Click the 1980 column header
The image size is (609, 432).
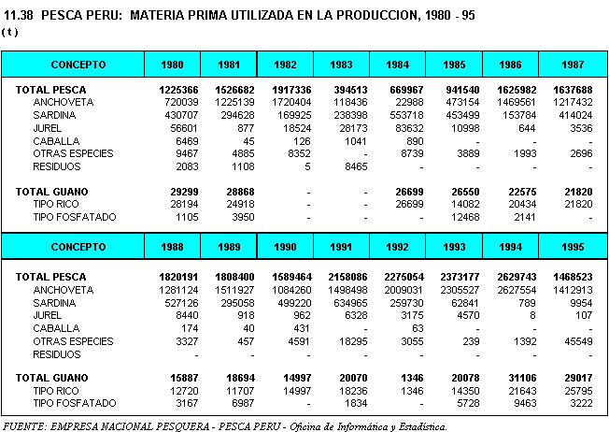coord(172,65)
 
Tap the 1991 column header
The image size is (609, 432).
coord(342,248)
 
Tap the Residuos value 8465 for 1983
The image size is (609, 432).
coord(349,166)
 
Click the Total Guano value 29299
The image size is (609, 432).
coord(176,191)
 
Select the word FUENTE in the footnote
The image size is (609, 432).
coord(24,426)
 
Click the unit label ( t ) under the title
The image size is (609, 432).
coord(10,31)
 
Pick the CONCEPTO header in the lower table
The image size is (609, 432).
coord(78,248)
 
